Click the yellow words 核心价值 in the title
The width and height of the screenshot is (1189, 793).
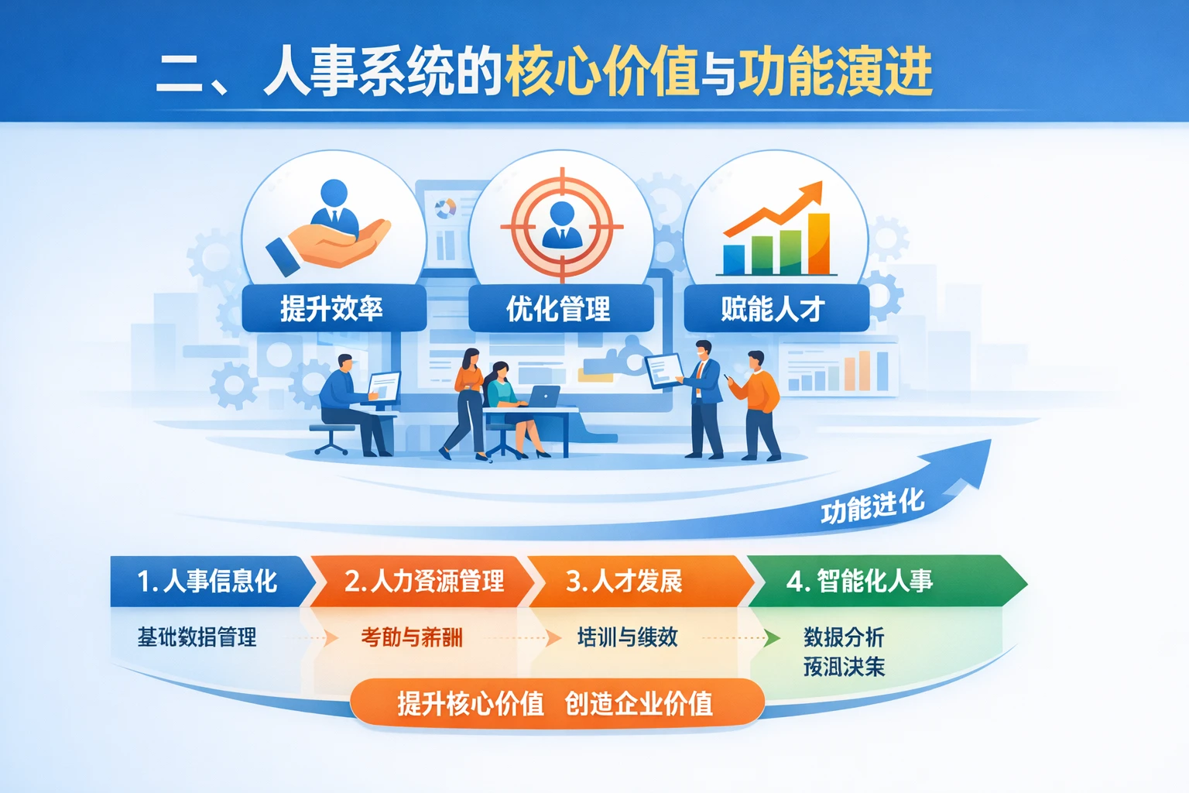point(601,72)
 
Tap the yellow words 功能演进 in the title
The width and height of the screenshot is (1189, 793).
point(834,72)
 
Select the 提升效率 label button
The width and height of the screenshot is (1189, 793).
point(333,309)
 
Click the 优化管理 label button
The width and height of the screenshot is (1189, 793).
point(560,309)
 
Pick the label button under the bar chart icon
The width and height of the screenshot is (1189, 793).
point(775,309)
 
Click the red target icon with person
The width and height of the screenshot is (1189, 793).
point(561,225)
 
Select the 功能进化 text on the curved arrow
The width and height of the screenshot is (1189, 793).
point(872,507)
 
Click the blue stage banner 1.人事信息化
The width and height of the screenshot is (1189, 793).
point(207,581)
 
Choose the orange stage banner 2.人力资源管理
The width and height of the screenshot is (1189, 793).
point(423,581)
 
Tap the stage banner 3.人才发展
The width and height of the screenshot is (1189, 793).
point(625,581)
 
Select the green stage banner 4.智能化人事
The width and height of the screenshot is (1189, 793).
point(859,581)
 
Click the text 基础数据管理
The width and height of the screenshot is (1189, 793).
point(197,637)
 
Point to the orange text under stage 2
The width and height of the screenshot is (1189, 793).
point(411,637)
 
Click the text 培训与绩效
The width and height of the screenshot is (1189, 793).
point(627,637)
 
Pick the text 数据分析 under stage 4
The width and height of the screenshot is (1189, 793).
point(844,637)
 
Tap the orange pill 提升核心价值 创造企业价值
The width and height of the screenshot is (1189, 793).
point(556,703)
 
